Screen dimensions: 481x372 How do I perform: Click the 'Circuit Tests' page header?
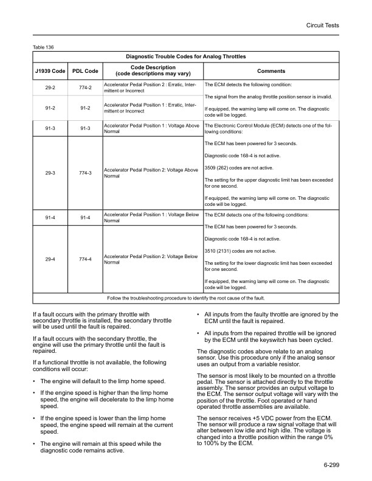pos(322,25)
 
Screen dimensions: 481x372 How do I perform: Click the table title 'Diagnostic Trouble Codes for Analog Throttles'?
pos(185,56)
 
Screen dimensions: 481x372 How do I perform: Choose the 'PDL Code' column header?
pos(85,71)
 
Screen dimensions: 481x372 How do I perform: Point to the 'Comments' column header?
pos(270,71)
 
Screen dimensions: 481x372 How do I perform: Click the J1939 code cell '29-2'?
pos(50,88)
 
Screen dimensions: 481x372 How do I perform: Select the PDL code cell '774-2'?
pos(85,88)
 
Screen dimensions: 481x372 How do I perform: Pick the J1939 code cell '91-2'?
pos(50,108)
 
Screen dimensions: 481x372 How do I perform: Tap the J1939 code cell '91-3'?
pos(50,128)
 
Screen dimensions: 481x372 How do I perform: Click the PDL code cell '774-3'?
pos(85,173)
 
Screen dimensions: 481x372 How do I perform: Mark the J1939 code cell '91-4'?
pos(50,217)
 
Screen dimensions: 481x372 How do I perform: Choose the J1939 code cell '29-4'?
pos(50,260)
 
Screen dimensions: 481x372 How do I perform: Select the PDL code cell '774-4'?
pos(85,260)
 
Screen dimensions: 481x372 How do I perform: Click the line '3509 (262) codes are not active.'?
pos(239,168)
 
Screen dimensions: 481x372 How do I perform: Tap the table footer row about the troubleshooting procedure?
pos(185,298)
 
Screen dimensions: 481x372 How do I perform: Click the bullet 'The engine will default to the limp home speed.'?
pos(103,381)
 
